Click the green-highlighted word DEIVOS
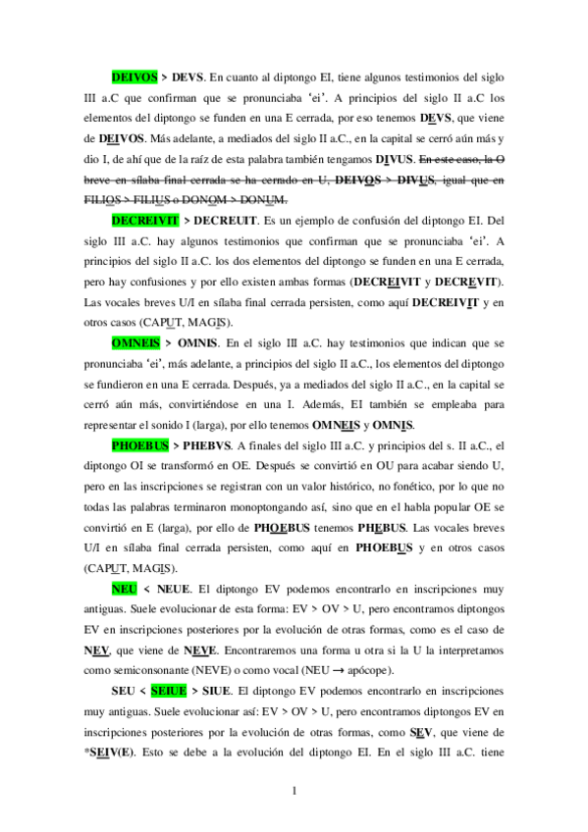[x=134, y=75]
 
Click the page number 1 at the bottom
[x=294, y=791]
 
